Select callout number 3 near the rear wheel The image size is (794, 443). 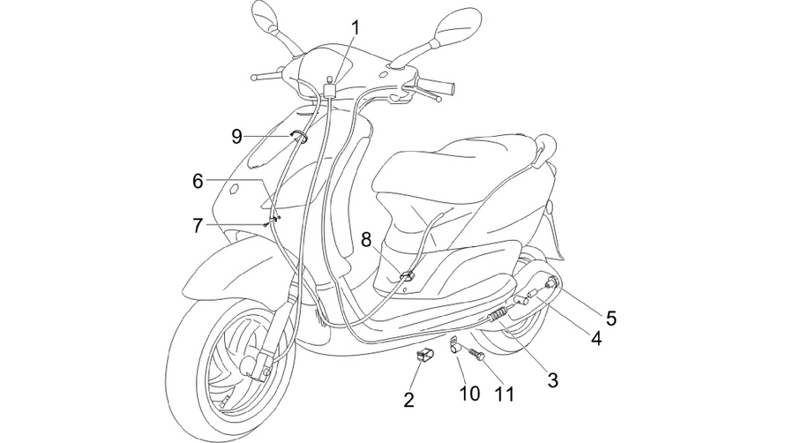click(552, 379)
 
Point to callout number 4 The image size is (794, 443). click(596, 338)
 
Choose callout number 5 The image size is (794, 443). click(611, 318)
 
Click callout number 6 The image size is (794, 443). click(198, 181)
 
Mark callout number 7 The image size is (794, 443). click(198, 225)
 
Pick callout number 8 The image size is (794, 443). click(366, 239)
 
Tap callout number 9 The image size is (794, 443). click(236, 136)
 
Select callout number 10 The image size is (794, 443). click(469, 393)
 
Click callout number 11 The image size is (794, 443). click(504, 394)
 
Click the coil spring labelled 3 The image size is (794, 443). click(498, 314)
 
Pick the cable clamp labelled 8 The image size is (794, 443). click(407, 275)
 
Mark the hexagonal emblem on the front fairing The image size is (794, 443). click(234, 190)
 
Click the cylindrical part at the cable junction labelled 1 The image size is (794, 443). click(330, 89)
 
